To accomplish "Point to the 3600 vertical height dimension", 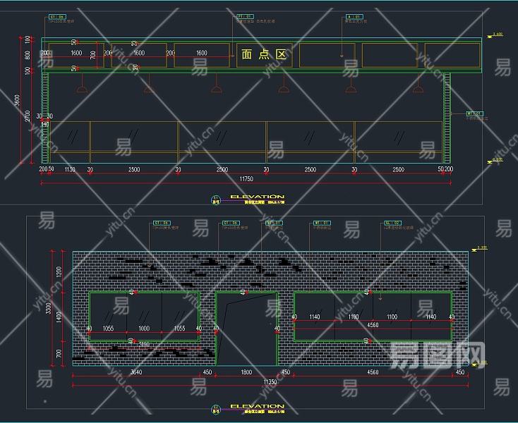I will pos(18,101).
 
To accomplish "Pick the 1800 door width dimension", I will pos(246,372).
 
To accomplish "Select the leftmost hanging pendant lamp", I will pos(82,88).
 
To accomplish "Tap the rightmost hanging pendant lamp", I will pos(418,88).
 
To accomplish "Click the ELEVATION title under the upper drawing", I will pos(257,197).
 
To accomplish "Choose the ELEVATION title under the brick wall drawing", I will pos(257,406).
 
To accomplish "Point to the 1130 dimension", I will pos(70,170).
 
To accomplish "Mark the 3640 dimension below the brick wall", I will pos(136,372).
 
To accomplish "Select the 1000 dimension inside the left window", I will pos(144,328).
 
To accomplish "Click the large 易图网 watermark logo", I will pos(438,352).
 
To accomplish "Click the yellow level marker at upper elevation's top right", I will pos(497,34).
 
